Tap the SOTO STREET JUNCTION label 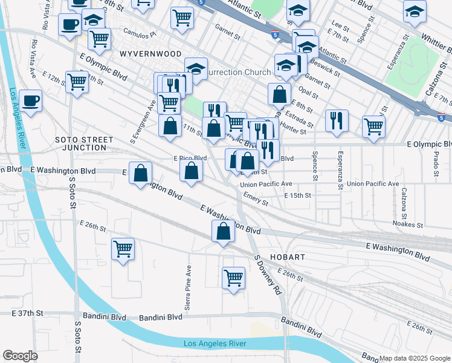point(84,143)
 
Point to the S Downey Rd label point(268,274)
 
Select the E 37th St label point(28,313)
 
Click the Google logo point(20,356)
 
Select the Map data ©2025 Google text point(414,358)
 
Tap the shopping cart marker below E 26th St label point(123,249)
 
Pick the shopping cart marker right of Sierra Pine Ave point(234,278)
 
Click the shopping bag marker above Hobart point(223,231)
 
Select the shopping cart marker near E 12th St point(77,81)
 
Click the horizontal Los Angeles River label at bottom point(215,344)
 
